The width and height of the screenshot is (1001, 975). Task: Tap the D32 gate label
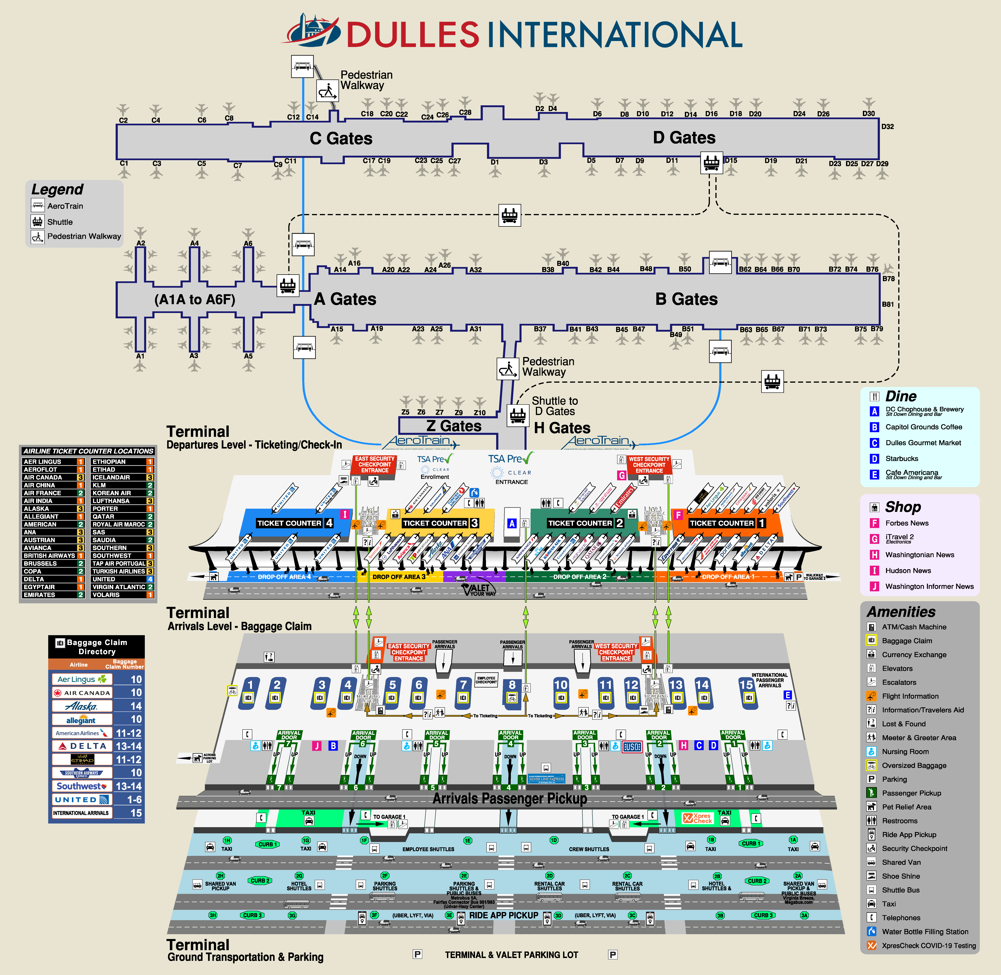pos(887,126)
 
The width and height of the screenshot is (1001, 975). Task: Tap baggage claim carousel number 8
pos(512,685)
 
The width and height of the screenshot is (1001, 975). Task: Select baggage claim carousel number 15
pos(746,685)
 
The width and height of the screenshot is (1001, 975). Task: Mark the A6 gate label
pos(248,244)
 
